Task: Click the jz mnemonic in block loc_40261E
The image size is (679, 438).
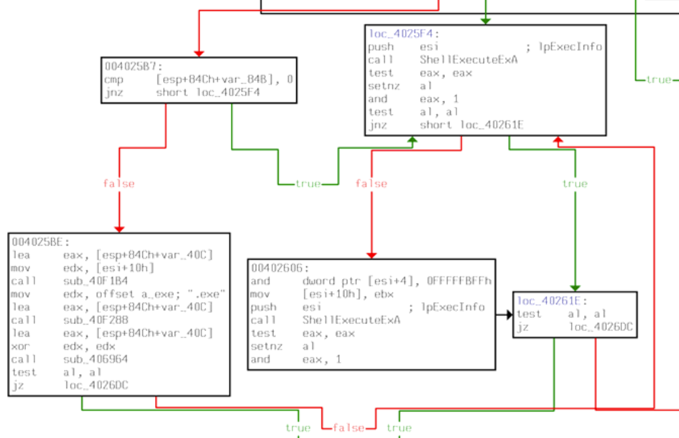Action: (x=522, y=327)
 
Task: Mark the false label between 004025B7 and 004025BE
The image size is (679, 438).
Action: (x=119, y=184)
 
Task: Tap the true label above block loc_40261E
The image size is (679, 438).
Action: (x=575, y=184)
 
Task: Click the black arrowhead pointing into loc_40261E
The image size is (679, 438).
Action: (x=509, y=314)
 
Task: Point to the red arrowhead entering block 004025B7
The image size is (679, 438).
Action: (x=199, y=54)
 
